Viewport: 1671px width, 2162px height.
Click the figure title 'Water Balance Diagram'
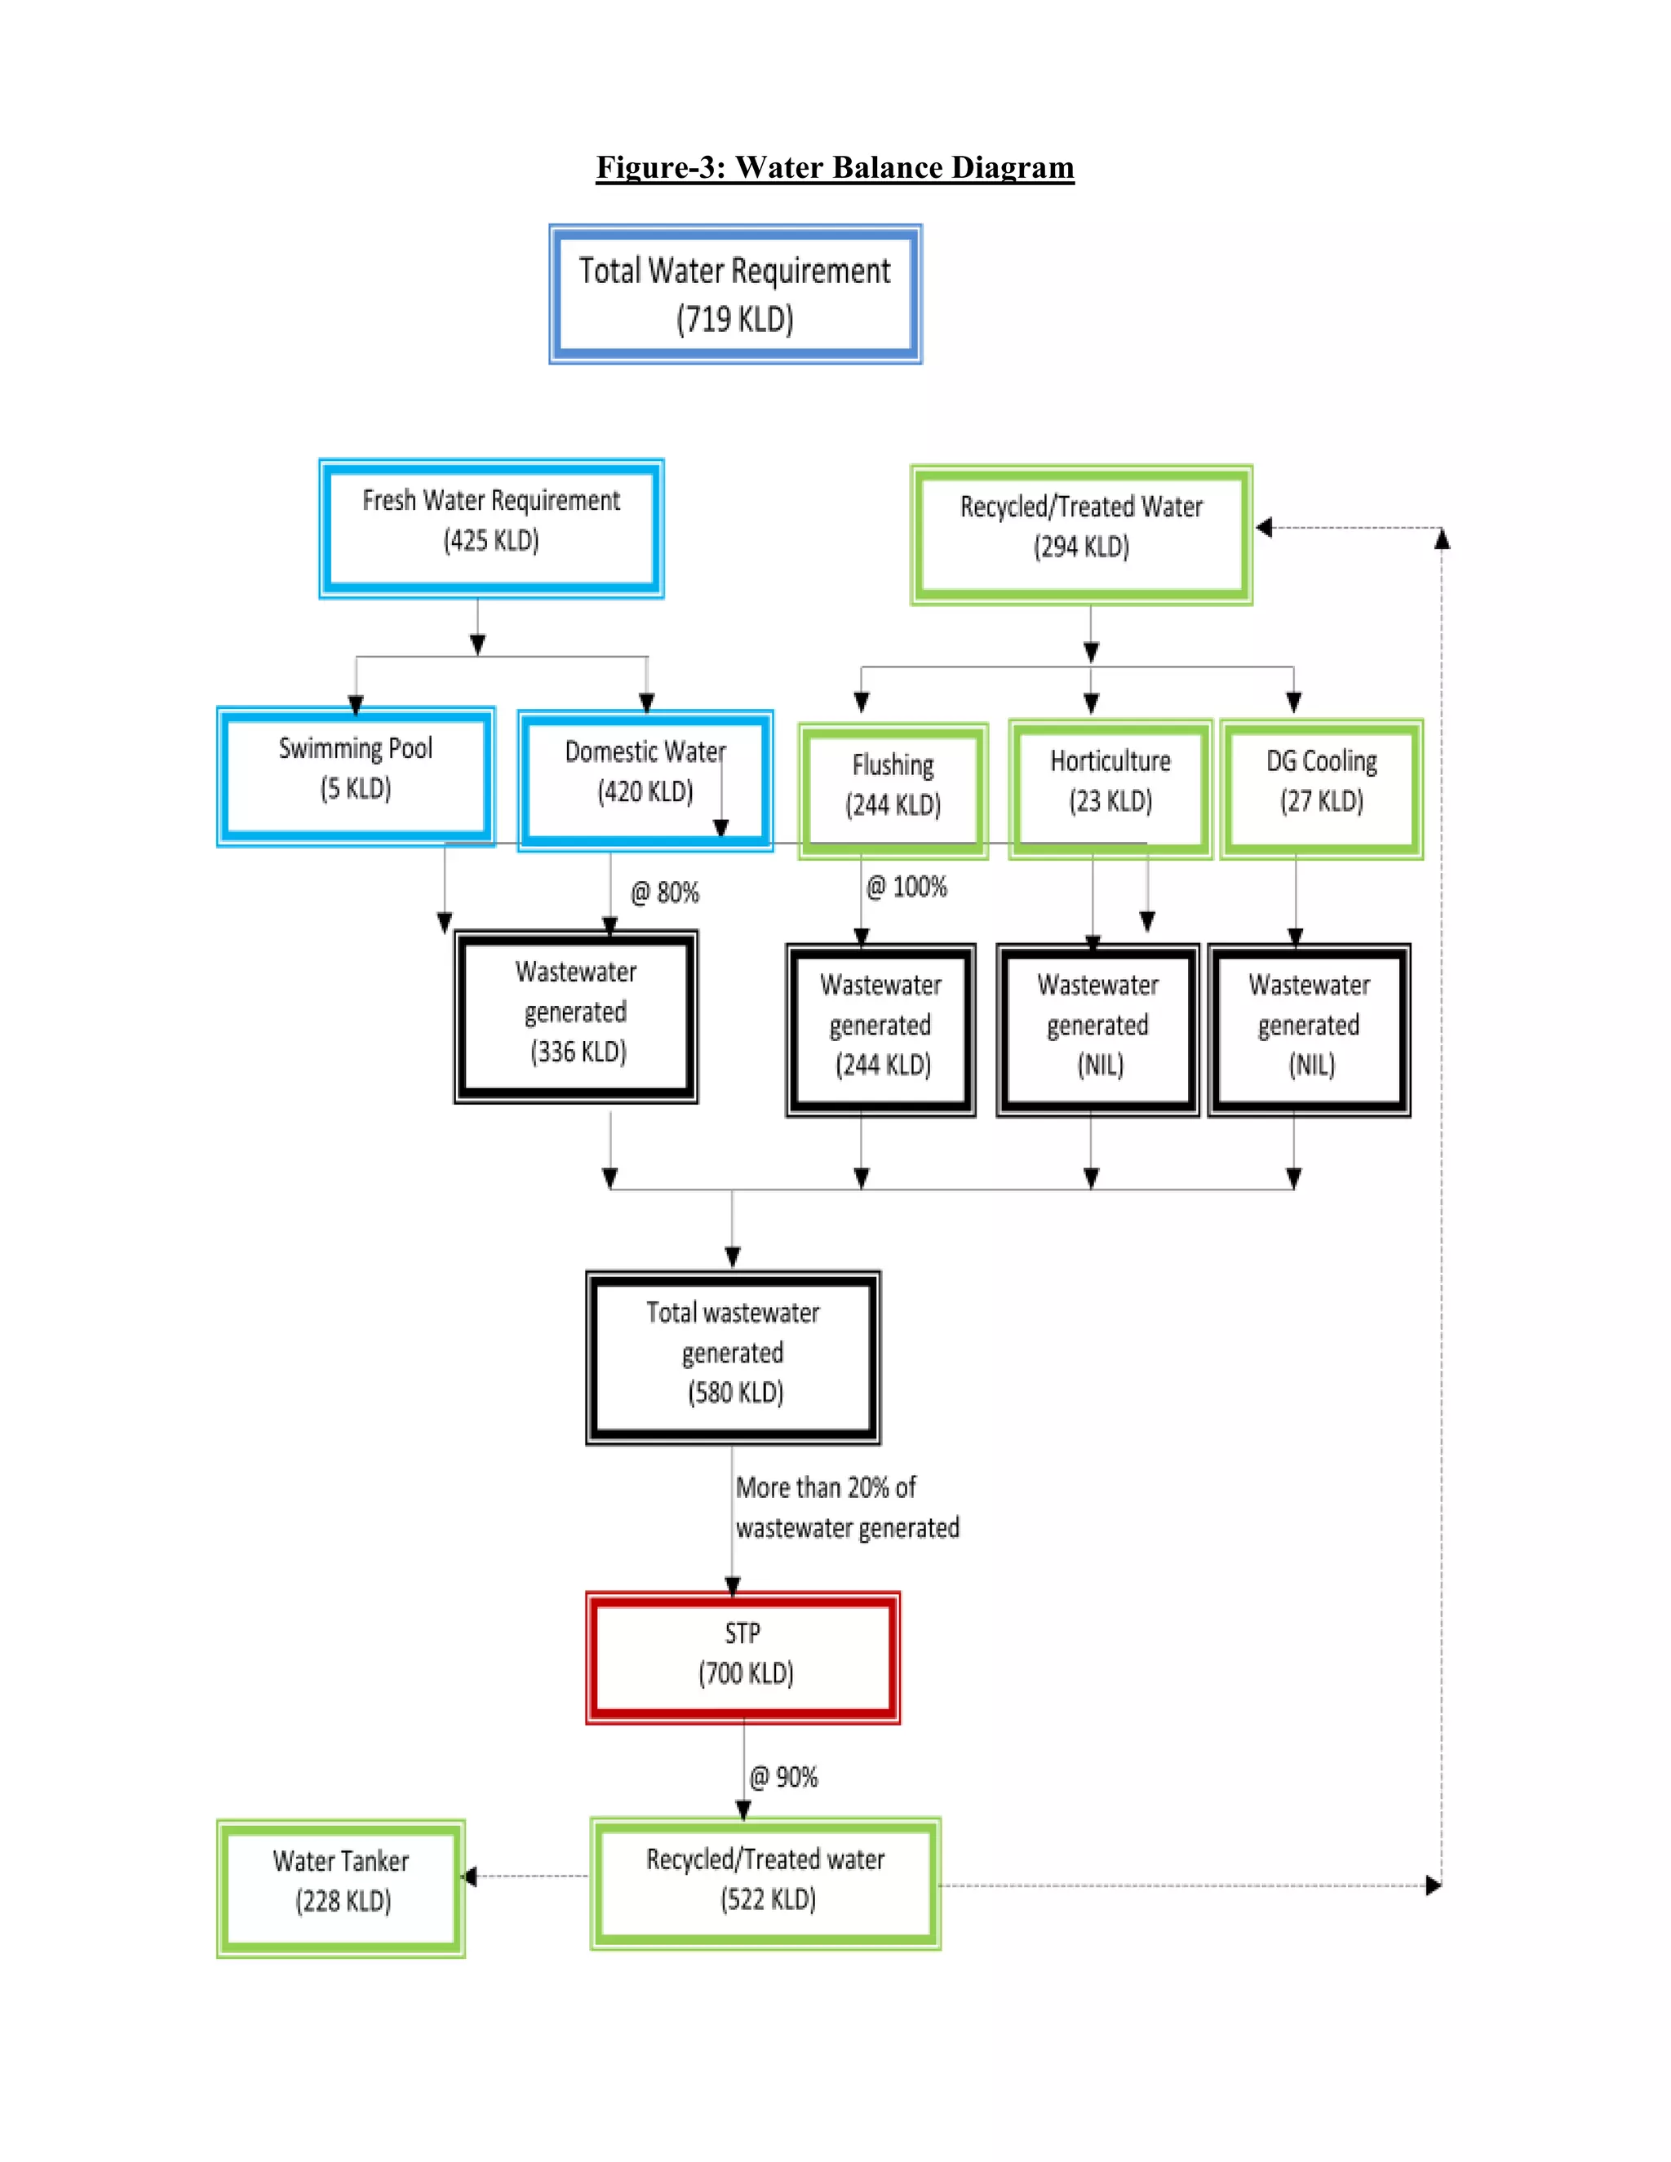[835, 167]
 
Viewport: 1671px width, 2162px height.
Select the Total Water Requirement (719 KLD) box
[735, 294]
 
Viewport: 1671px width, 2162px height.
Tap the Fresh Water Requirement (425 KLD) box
[491, 528]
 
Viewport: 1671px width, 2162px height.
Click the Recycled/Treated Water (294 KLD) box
[1081, 534]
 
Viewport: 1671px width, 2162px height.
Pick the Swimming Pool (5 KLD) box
[356, 776]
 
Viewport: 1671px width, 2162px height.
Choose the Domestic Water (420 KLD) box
[645, 780]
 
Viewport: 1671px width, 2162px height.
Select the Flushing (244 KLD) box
[893, 791]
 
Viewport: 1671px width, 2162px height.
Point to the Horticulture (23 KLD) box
[1110, 789]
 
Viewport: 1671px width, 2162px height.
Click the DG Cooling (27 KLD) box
[1322, 789]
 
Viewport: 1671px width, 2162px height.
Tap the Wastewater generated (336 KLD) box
[576, 1017]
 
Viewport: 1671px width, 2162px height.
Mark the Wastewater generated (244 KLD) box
[881, 1030]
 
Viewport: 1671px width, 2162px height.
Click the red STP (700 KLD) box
[742, 1657]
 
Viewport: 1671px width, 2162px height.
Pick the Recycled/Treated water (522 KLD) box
[765, 1884]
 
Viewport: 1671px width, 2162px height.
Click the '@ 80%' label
[665, 893]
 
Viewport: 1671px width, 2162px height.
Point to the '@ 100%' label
[906, 887]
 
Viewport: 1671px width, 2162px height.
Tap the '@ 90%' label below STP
[783, 1777]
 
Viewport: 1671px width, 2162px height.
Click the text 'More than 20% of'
[826, 1488]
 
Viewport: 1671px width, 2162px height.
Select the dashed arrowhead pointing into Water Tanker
[470, 1876]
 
